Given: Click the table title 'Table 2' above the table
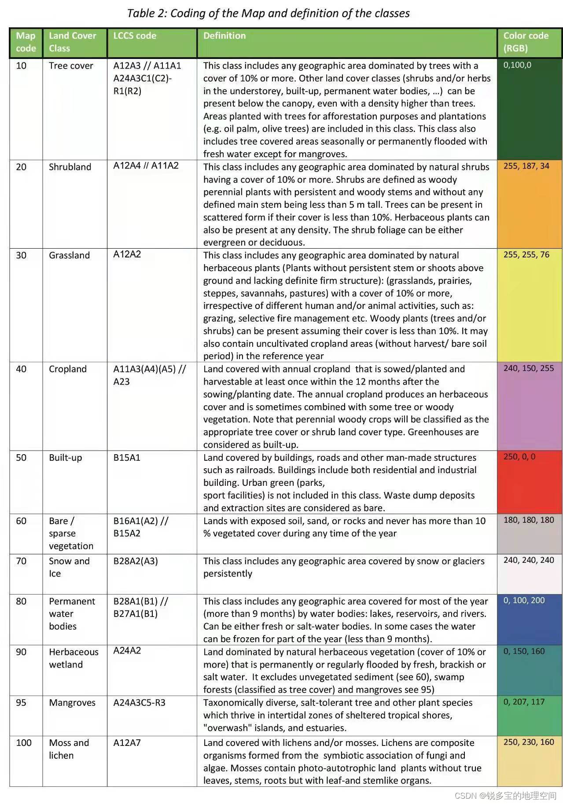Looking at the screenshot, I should tap(268, 13).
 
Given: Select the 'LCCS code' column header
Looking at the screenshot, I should tap(135, 36).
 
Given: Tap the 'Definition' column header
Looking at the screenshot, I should tap(224, 36).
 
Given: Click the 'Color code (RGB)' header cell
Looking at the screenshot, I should tap(526, 42).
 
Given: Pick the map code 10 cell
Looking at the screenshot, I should tap(21, 66).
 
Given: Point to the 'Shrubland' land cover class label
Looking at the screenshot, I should tap(70, 167).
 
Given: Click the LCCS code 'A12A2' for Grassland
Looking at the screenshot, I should tap(127, 254).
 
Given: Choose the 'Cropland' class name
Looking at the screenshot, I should tap(68, 369).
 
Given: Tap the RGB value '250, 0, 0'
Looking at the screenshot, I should tap(519, 457).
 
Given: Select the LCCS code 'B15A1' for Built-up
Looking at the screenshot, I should tap(127, 458).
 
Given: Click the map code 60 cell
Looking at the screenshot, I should tap(21, 521).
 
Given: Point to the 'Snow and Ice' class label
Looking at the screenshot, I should tap(69, 567).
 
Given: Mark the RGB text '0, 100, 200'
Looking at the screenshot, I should tap(524, 600).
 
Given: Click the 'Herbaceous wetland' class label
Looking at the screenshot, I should tap(74, 658).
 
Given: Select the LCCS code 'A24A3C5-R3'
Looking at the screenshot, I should tap(140, 703).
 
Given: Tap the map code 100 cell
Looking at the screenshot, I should tap(24, 743).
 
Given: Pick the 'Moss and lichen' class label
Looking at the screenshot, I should tap(69, 749).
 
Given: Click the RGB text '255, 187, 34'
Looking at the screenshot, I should tap(526, 166).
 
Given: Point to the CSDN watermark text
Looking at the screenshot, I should tap(505, 796).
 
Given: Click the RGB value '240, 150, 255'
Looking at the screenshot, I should tap(529, 368).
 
